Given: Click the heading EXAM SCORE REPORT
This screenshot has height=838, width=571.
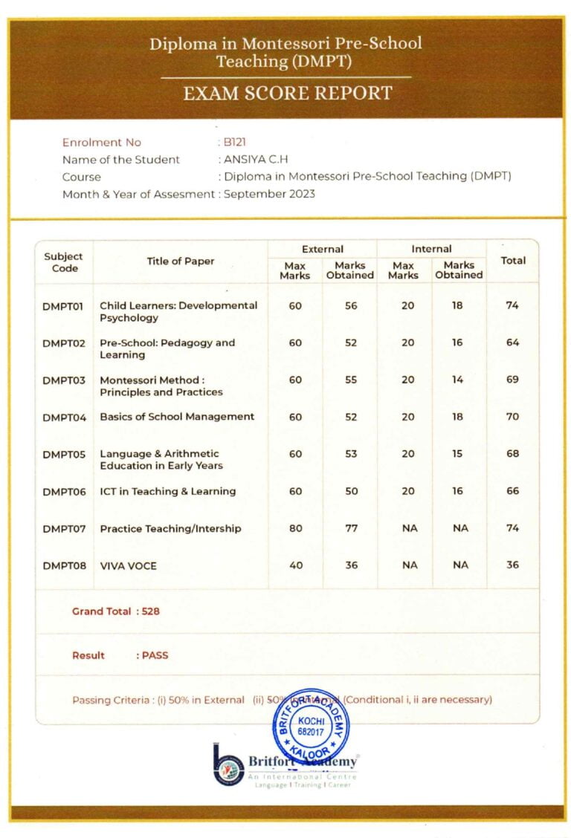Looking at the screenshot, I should click(x=287, y=94).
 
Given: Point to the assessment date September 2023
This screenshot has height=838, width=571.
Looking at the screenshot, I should click(x=269, y=194).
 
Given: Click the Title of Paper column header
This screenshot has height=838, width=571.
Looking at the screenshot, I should click(x=180, y=261).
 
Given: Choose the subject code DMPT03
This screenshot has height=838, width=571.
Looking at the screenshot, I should click(x=64, y=380).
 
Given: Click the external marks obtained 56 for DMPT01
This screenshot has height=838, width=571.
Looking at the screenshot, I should click(x=351, y=305).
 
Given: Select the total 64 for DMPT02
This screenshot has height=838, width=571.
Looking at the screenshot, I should click(x=512, y=342).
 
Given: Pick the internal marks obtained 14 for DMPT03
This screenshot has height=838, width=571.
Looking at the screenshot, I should click(x=457, y=380).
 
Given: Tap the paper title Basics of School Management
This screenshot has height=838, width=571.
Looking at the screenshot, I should click(x=177, y=417).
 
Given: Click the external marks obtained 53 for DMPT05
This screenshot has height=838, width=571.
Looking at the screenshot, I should click(x=351, y=454).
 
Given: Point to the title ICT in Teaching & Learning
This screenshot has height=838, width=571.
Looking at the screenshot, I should click(x=167, y=491).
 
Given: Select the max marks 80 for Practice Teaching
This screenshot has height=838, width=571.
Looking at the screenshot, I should click(x=295, y=528).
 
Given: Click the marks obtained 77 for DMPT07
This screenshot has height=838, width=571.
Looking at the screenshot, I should click(x=351, y=528).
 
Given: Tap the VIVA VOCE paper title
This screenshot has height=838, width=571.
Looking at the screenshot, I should click(x=128, y=565).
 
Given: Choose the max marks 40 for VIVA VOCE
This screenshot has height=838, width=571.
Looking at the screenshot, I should click(x=295, y=565).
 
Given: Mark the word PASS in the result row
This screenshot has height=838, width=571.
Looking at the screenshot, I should click(x=155, y=655).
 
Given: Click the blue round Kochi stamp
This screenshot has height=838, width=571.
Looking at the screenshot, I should click(x=310, y=726).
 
